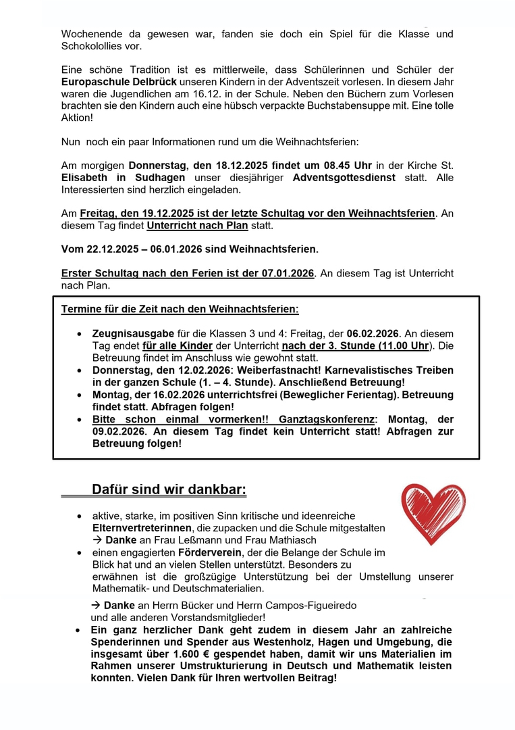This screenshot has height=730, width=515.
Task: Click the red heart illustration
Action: coord(433,513)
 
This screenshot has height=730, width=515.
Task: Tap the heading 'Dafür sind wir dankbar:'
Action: coord(169,489)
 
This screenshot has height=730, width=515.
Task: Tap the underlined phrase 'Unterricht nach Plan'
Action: coord(197,225)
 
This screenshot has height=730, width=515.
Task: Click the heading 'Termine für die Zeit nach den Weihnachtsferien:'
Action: coord(180,310)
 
